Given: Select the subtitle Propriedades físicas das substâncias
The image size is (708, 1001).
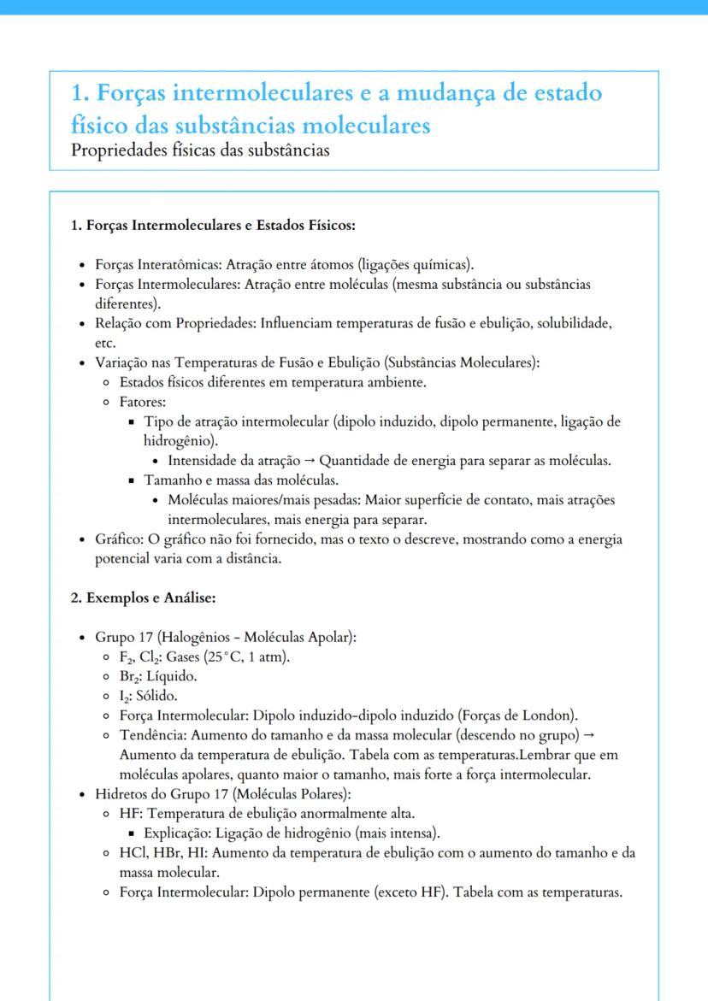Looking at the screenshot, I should coord(201,150).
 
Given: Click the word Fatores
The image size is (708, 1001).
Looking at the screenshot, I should coord(142,402).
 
